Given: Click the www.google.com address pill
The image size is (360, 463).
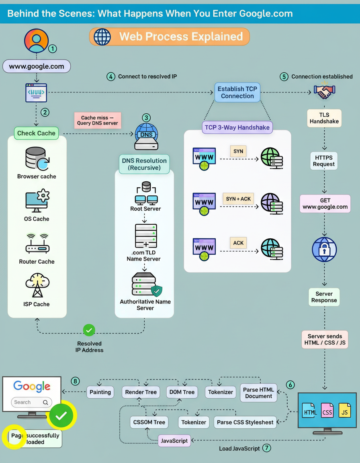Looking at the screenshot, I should pos(37,66).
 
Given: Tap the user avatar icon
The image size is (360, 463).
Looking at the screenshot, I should pos(36,41).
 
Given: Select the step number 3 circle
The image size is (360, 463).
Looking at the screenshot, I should pos(146,118).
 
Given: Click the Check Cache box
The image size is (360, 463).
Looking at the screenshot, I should pos(36,133).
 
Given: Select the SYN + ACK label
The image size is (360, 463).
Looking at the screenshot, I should pos(238,199).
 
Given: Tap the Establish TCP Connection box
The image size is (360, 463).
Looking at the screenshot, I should pos(237,92).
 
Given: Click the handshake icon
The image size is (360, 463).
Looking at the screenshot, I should pos(324,92).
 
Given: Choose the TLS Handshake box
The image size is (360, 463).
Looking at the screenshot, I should pos(324,118).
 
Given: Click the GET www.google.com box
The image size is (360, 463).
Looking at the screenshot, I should pos(325,203).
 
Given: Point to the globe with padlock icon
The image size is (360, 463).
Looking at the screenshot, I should pos(324,249).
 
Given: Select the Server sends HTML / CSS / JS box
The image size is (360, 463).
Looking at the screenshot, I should pos(325,340).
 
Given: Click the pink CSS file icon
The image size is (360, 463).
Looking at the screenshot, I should pos(327,411).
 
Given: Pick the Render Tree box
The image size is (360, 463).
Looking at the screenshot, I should pos(141,392).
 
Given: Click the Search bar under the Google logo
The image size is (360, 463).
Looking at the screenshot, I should pos(32,402).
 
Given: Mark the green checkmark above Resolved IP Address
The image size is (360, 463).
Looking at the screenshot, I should pos(89,330).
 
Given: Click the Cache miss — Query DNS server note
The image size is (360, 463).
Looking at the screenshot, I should pos(98,120).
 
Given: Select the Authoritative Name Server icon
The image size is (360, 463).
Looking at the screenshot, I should pos(145,285).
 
